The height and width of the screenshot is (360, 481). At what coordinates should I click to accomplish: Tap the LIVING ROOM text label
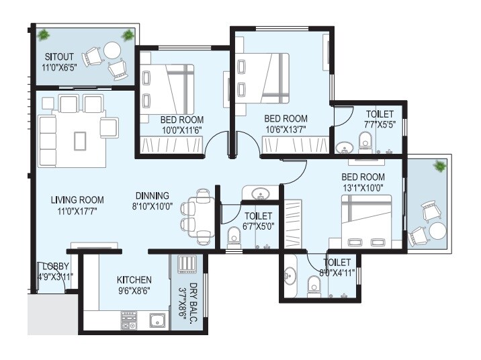pyautogui.click(x=77, y=199)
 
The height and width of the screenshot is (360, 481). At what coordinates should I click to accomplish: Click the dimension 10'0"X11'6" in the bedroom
pyautogui.click(x=181, y=130)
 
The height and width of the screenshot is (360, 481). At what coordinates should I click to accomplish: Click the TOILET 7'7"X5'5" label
pyautogui.click(x=380, y=124)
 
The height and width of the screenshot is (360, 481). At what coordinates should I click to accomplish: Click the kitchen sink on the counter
pyautogui.click(x=156, y=320)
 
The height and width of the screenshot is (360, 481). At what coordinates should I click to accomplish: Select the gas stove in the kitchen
pyautogui.click(x=128, y=320)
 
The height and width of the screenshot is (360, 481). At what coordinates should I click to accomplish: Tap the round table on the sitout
pyautogui.click(x=111, y=50)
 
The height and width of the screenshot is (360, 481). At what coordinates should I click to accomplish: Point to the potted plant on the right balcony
pyautogui.click(x=439, y=166)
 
